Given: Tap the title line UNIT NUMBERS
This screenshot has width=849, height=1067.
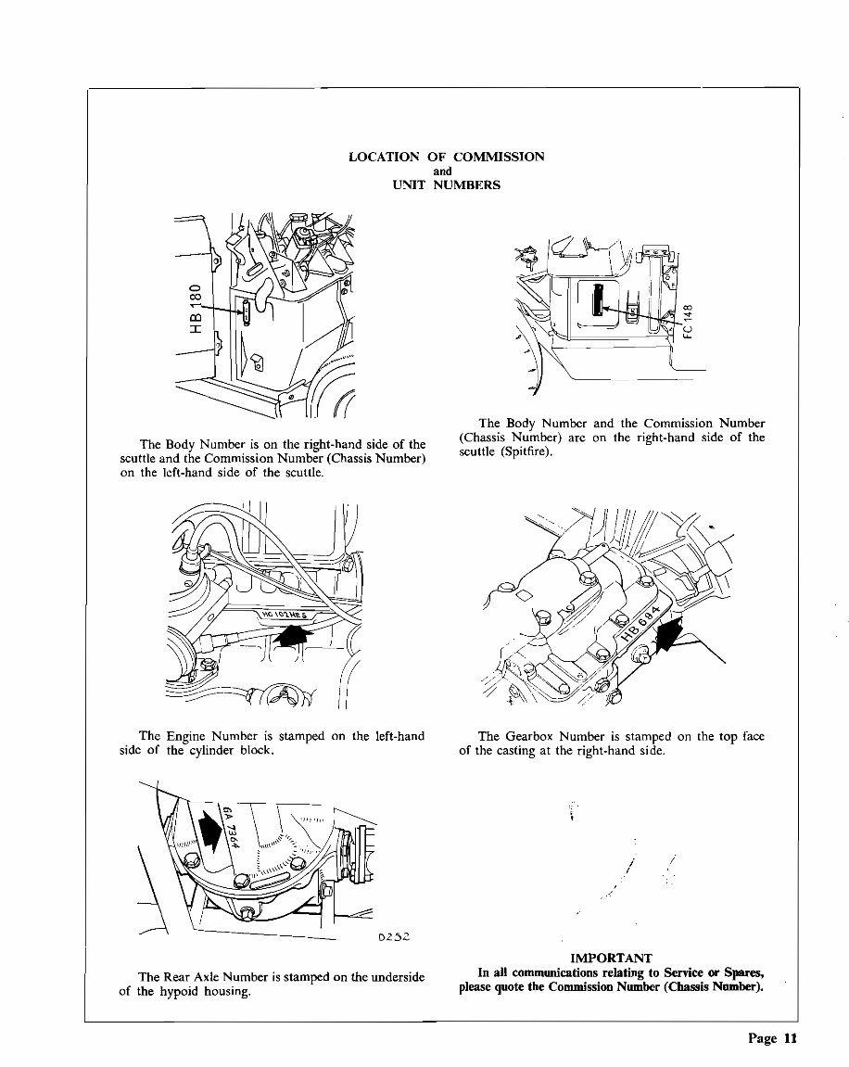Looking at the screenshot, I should [445, 184].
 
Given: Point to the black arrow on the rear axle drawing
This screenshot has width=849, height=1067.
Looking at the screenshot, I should [211, 827].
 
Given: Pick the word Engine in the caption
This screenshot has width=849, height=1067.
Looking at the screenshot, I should [192, 736].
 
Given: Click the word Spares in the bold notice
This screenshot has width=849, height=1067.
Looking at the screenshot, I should [741, 972].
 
